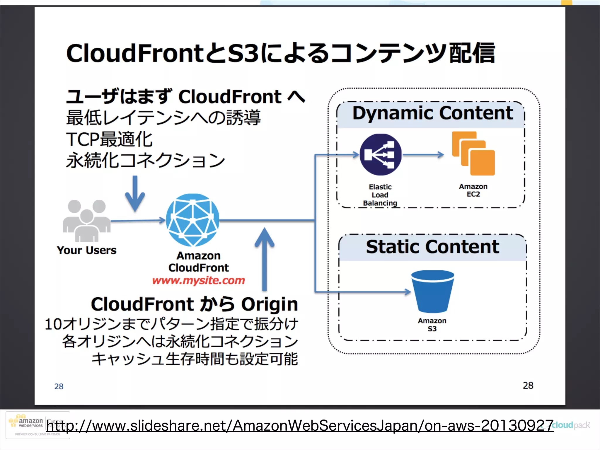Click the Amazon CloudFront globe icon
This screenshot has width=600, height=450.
coord(192,220)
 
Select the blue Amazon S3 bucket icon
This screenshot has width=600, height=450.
coord(432,291)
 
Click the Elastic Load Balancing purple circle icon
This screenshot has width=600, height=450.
coord(380,154)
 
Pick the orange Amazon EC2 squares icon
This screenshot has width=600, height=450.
coord(473,154)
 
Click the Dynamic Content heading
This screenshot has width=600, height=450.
coord(432,113)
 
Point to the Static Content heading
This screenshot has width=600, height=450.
coord(432,247)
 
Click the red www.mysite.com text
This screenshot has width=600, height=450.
coord(198,280)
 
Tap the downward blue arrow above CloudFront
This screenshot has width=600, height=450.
coord(135,193)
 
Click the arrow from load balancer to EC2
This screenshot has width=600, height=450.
coord(423,155)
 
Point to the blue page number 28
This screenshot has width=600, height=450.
coord(59,386)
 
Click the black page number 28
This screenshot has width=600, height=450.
coord(528,386)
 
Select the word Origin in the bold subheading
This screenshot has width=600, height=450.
coord(269,304)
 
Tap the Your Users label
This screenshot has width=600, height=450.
coord(87,250)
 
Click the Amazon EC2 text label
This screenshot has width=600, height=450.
coord(473,190)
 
